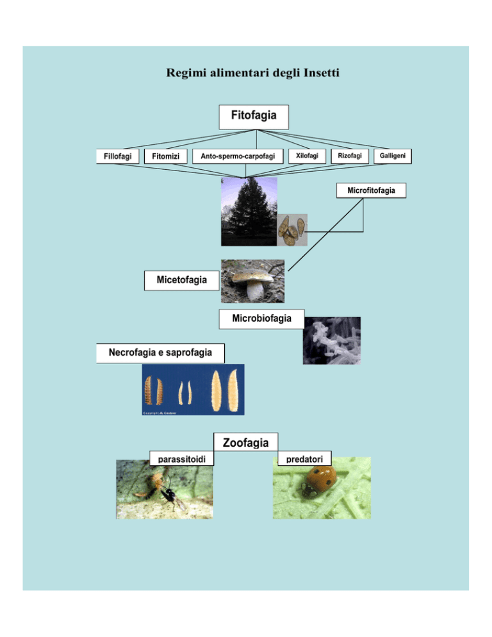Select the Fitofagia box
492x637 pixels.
coord(254,117)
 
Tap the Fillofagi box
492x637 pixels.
coord(118,156)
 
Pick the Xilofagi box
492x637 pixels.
coord(307,156)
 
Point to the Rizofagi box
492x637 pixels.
coord(350,156)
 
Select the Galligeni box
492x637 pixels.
coord(392,156)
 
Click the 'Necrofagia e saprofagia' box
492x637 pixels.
coord(160,352)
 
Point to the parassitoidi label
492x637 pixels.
coord(181,459)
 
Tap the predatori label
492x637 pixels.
coord(305,459)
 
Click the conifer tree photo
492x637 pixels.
coord(249,211)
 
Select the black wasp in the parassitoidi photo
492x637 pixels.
coord(172,496)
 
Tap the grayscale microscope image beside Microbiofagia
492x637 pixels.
coord(331,340)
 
